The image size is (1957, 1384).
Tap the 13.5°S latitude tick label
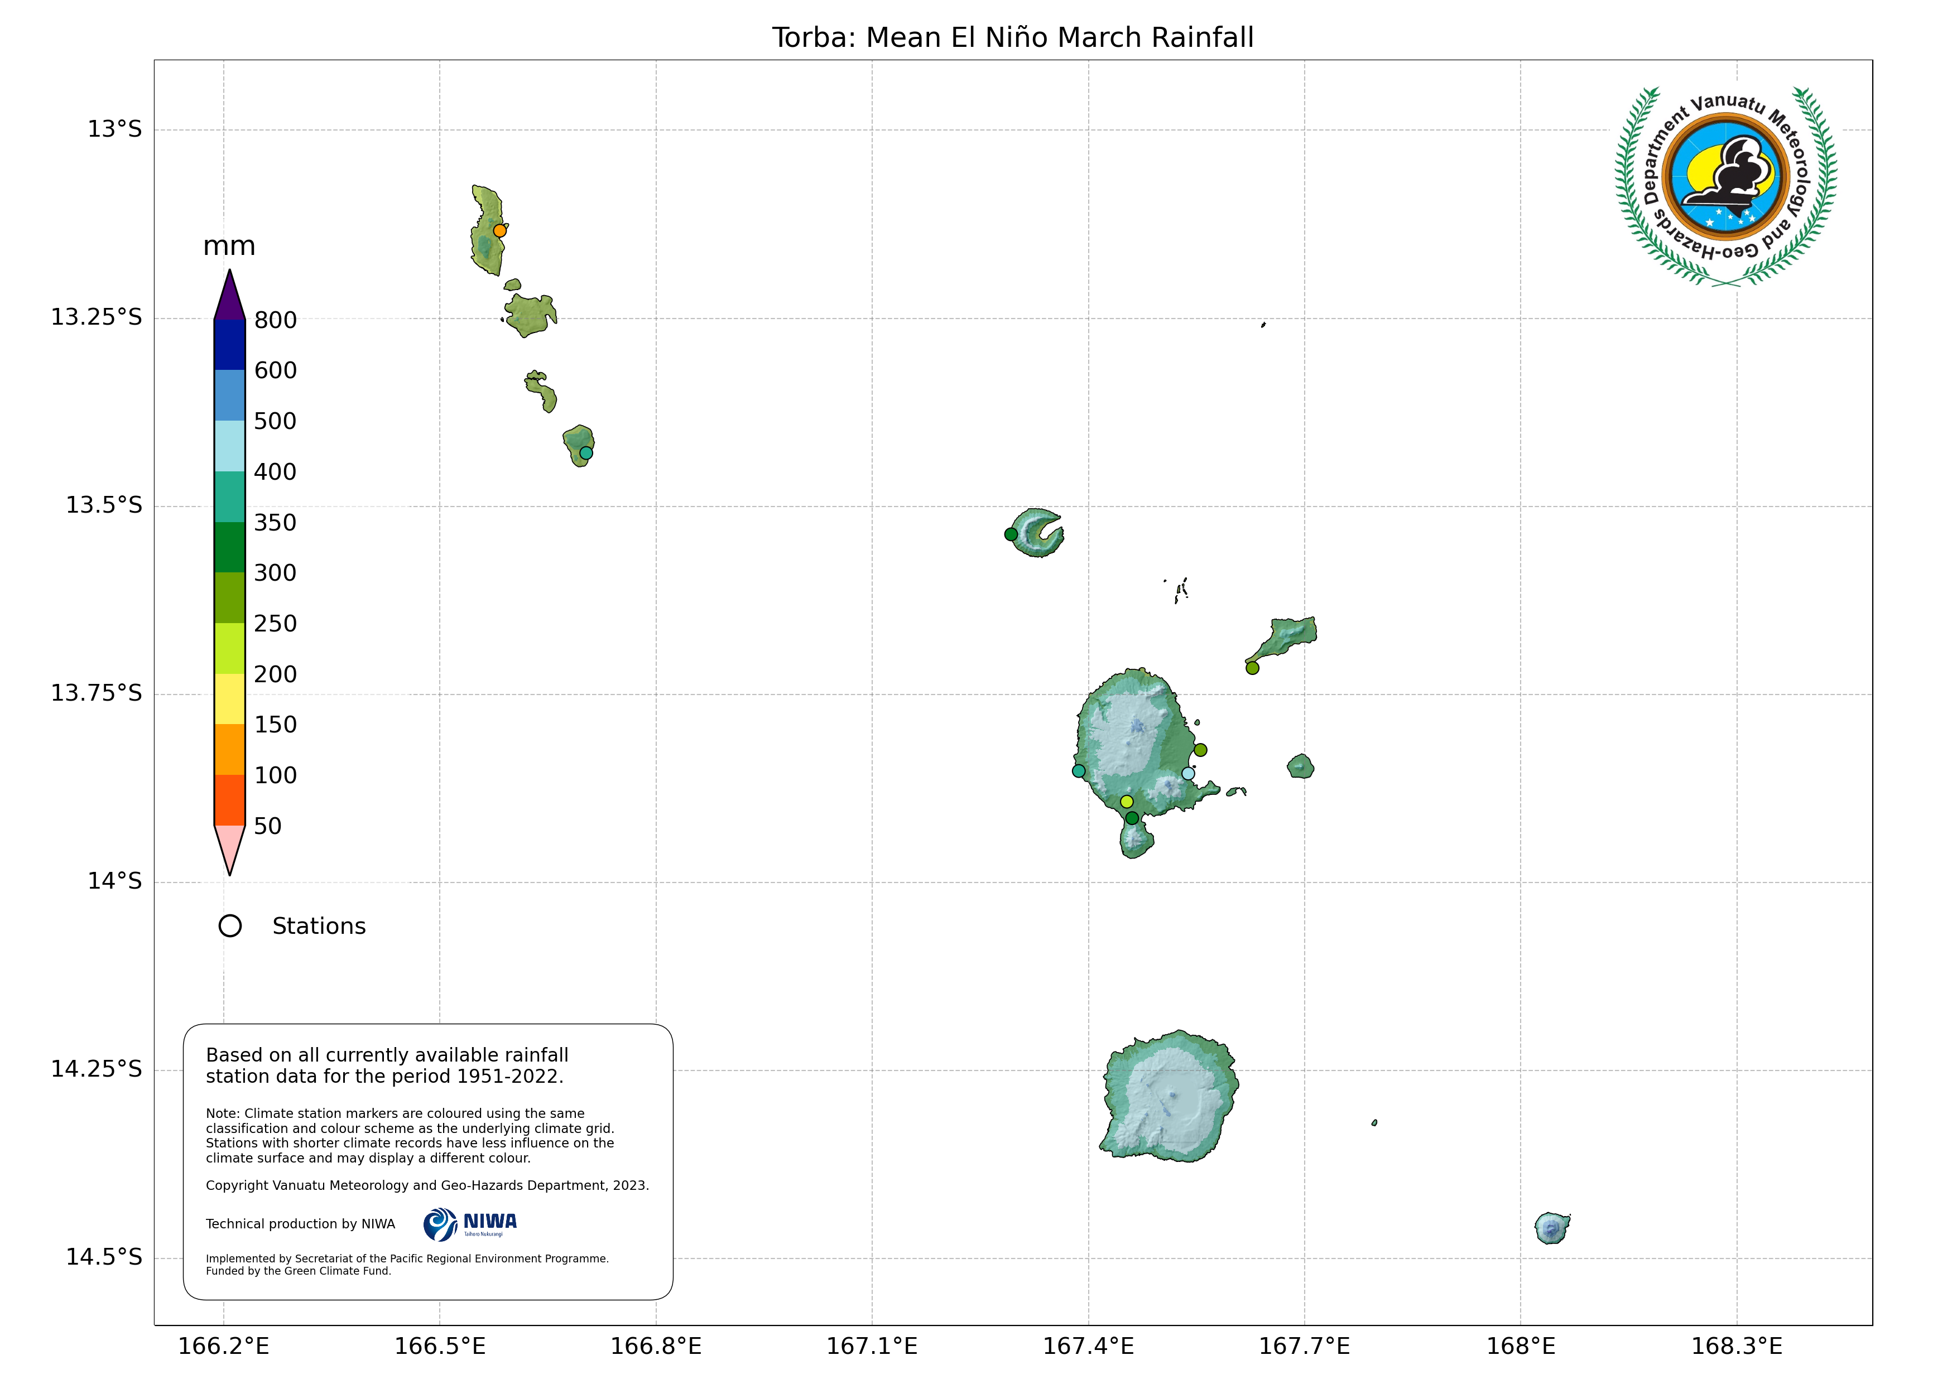tap(104, 505)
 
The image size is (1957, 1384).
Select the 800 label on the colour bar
tap(275, 320)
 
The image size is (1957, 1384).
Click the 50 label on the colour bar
tap(268, 826)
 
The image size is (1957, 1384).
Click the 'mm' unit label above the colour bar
tap(229, 247)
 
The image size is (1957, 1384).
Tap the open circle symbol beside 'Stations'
tap(230, 927)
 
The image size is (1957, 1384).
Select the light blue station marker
tap(1187, 774)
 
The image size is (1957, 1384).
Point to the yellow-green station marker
tap(1127, 802)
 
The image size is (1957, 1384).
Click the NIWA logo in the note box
tap(470, 1224)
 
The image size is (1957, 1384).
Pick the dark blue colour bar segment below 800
tap(229, 345)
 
